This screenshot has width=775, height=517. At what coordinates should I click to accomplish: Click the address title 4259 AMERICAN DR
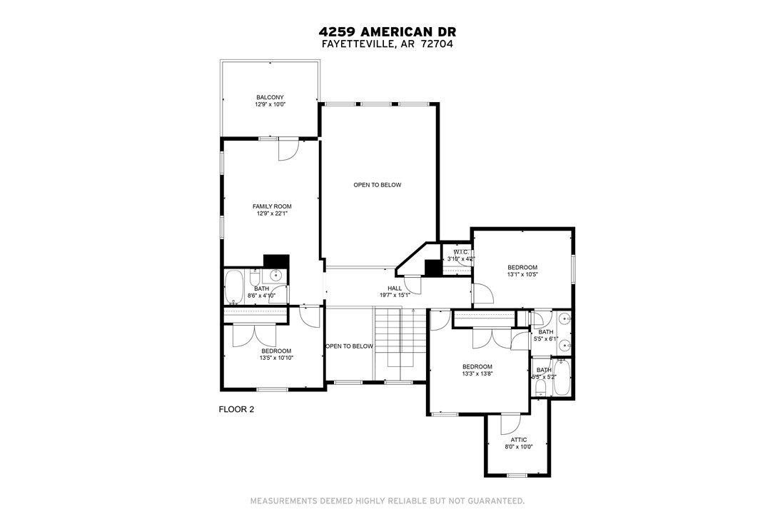[387, 32]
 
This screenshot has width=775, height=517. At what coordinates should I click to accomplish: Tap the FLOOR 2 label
[235, 409]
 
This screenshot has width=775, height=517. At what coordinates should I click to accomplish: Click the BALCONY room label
[270, 97]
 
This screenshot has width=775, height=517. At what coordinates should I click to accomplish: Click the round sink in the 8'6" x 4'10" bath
[277, 276]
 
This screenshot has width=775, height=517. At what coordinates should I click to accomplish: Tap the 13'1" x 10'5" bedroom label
[522, 268]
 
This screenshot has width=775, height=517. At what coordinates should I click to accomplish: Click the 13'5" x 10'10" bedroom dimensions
[276, 358]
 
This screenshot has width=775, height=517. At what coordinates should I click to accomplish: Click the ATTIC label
[519, 440]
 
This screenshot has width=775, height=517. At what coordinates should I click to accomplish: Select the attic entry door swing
[511, 425]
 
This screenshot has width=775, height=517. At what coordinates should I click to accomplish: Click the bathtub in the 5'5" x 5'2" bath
[562, 377]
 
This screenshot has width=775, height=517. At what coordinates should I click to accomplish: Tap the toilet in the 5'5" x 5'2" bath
[540, 386]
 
